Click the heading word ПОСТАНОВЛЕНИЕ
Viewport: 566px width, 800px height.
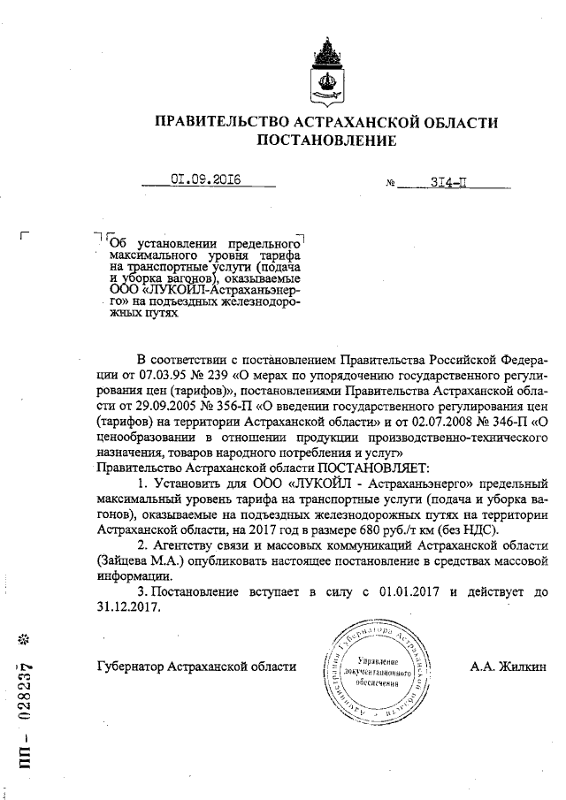(326, 140)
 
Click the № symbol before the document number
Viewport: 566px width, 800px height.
(391, 185)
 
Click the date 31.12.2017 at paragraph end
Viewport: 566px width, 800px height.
(130, 607)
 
